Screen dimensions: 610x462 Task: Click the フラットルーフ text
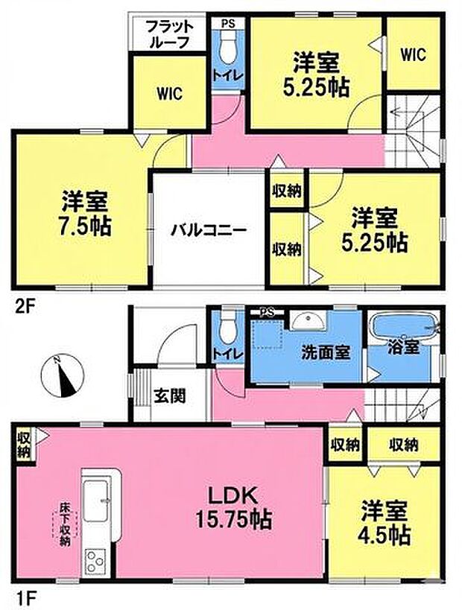[x=170, y=35]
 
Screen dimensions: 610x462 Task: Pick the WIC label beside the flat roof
[x=169, y=94]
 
